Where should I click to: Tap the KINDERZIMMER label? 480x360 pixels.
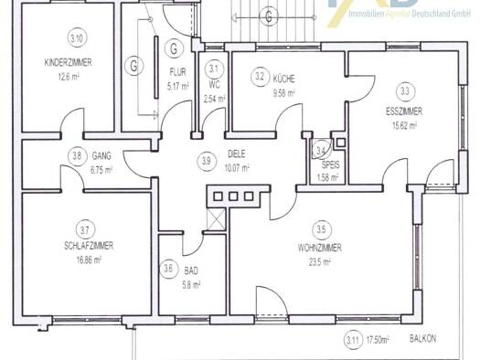pyautogui.click(x=68, y=62)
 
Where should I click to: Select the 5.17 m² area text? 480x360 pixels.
pyautogui.click(x=177, y=87)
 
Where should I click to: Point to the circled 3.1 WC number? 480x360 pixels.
pyautogui.click(x=214, y=69)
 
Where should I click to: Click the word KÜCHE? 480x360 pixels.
pyautogui.click(x=284, y=79)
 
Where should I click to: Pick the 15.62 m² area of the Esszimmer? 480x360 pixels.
pyautogui.click(x=404, y=125)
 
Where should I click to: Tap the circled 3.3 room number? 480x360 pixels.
pyautogui.click(x=405, y=91)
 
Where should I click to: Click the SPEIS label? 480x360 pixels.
pyautogui.click(x=331, y=164)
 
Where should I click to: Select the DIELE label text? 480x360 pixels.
pyautogui.click(x=237, y=154)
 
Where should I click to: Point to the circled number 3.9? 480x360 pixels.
pyautogui.click(x=207, y=161)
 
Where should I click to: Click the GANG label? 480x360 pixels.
pyautogui.click(x=101, y=156)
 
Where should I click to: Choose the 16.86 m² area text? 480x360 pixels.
pyautogui.click(x=89, y=260)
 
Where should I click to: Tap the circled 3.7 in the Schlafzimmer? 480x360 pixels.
pyautogui.click(x=85, y=229)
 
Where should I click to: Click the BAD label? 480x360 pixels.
pyautogui.click(x=191, y=270)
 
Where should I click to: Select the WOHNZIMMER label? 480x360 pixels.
pyautogui.click(x=320, y=248)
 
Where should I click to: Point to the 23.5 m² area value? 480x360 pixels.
pyautogui.click(x=320, y=262)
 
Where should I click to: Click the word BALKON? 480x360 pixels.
pyautogui.click(x=422, y=339)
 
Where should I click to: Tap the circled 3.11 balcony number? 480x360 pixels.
pyautogui.click(x=354, y=340)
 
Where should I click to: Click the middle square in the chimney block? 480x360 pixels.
pyautogui.click(x=233, y=196)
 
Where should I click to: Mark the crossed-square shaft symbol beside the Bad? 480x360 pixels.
pyautogui.click(x=217, y=218)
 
